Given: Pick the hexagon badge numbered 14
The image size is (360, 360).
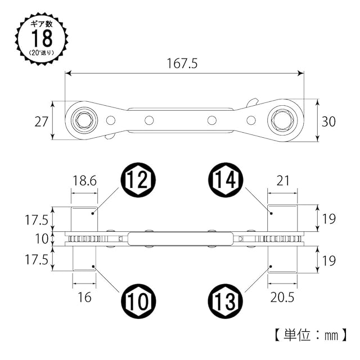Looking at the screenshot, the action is (x=226, y=181).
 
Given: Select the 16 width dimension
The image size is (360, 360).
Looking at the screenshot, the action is (x=84, y=296).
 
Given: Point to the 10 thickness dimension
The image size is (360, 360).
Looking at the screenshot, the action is (x=43, y=238).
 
